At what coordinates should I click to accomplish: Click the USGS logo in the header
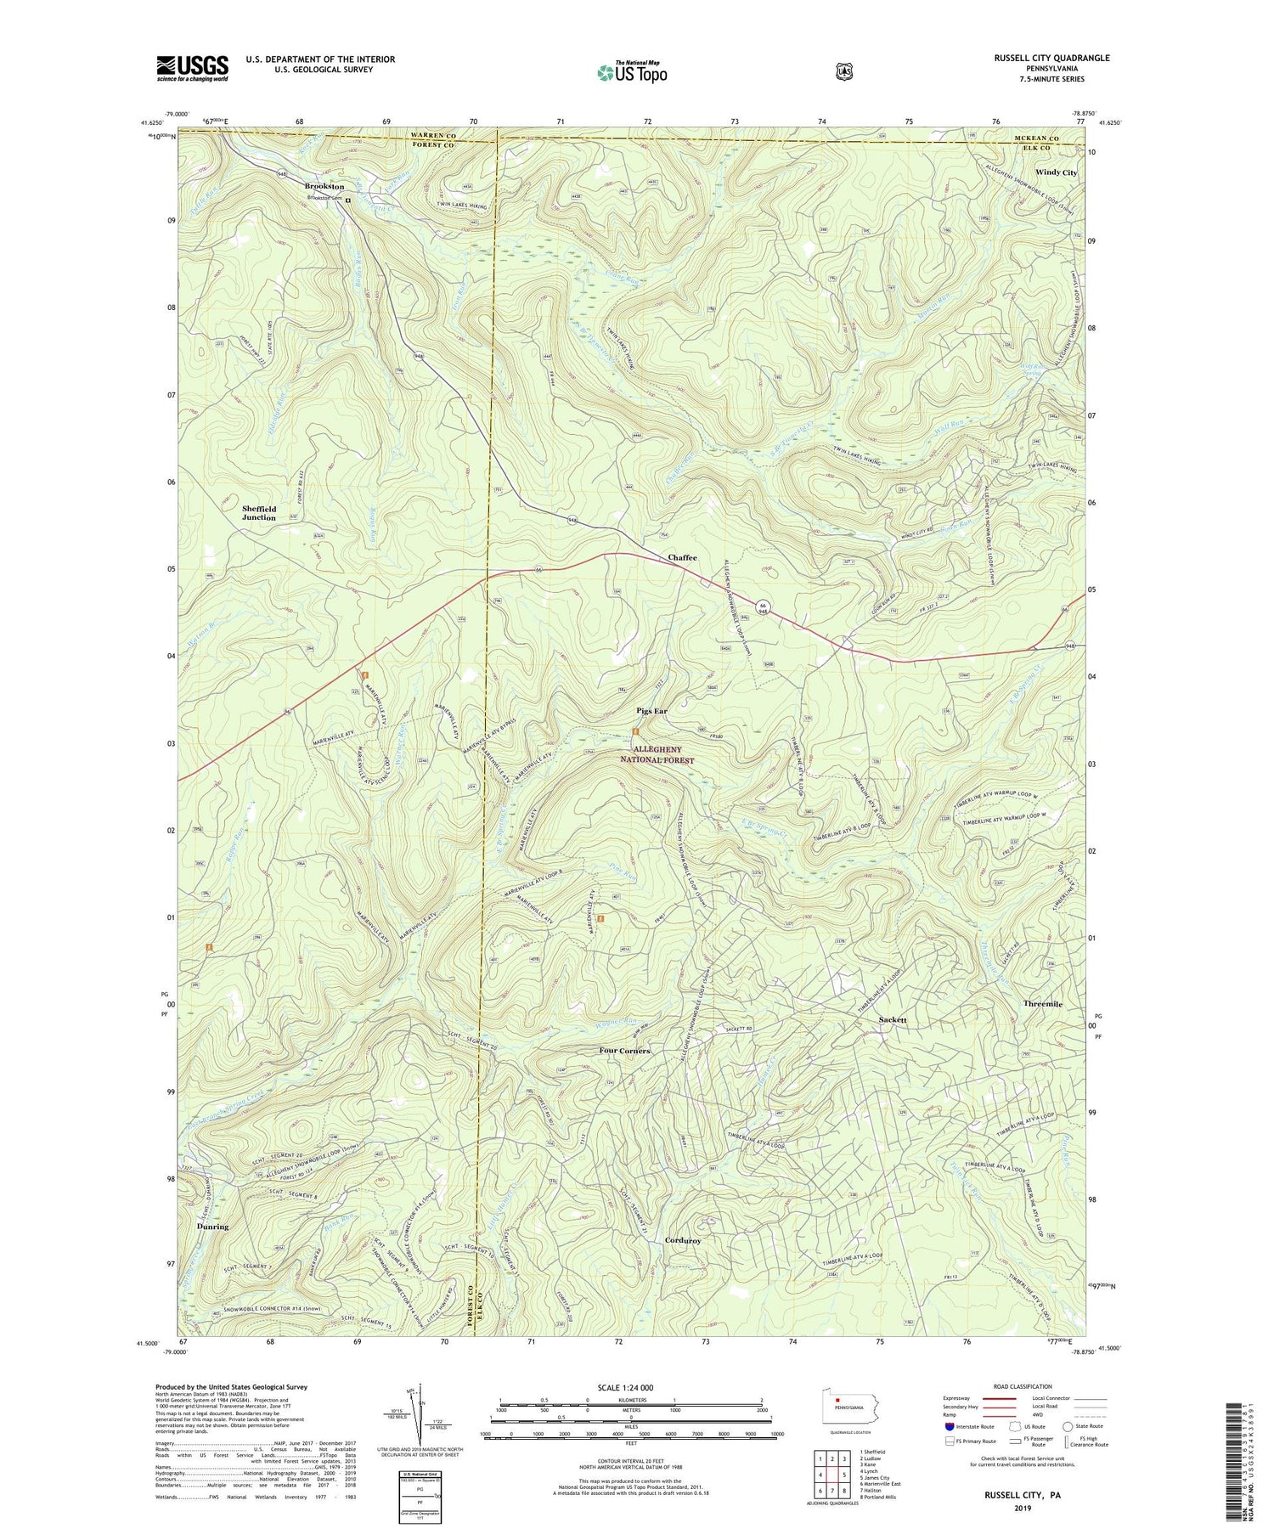(x=192, y=68)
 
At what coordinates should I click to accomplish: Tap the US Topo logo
(x=632, y=72)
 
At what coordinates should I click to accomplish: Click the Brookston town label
(x=324, y=186)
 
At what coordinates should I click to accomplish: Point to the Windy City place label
(x=1056, y=172)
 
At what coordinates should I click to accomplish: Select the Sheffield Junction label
(x=259, y=513)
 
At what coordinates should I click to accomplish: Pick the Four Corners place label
(x=624, y=1051)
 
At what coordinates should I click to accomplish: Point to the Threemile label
(x=1042, y=1004)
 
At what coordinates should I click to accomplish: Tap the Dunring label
(x=212, y=1227)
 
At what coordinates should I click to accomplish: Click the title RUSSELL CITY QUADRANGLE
(x=1040, y=58)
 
